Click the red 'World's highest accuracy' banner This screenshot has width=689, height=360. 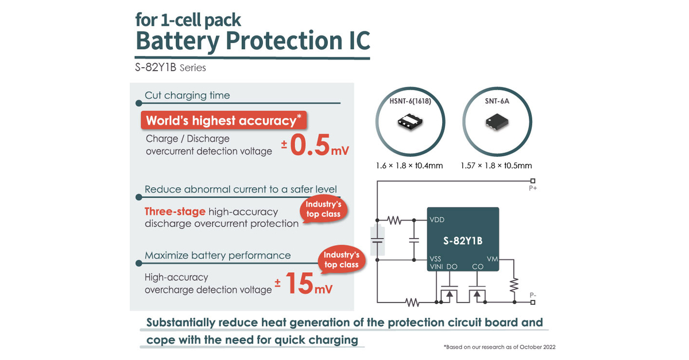223,120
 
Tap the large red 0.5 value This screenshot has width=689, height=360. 309,145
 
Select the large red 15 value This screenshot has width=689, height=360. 299,284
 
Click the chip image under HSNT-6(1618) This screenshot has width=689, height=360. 410,122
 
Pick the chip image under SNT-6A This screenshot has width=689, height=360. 497,122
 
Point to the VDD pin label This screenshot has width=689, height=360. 437,220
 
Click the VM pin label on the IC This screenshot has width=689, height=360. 492,259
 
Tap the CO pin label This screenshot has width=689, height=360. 478,267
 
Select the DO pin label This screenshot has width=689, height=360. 452,267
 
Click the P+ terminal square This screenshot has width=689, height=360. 533,181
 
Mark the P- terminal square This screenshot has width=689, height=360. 533,303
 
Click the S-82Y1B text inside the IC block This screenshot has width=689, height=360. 463,241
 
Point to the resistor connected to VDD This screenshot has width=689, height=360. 394,220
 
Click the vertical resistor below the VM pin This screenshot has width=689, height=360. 514,285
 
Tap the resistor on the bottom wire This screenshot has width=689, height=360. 412,303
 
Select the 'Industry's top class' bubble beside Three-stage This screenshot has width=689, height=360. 323,210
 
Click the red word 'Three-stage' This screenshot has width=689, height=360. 175,212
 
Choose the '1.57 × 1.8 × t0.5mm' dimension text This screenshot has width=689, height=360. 496,166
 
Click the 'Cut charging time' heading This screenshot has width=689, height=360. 187,95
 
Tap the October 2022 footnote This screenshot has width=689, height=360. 500,347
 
